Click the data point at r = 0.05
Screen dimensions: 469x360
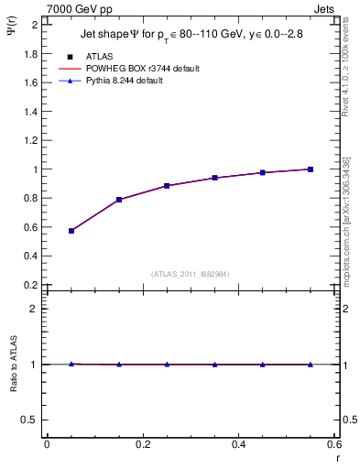pos(71,231)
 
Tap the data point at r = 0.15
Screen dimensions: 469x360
pos(119,200)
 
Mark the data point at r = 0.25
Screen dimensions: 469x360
pos(167,186)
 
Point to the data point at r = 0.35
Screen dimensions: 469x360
pos(215,178)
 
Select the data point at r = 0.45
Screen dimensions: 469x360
pos(263,172)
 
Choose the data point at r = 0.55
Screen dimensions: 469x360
pos(311,169)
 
